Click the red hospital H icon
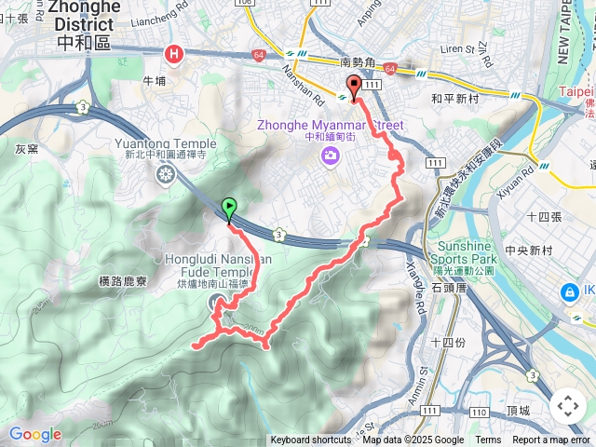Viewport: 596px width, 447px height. pos(173,56)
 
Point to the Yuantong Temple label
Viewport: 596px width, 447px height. pos(165,143)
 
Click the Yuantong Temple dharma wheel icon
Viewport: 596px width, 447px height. pos(166,173)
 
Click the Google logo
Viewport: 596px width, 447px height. pos(34,434)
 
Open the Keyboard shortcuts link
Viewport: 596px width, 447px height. pos(310,440)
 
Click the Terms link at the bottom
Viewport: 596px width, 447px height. pos(488,440)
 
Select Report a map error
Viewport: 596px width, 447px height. pos(551,440)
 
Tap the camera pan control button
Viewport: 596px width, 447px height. pos(567,406)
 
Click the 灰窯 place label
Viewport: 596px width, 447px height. pos(26,148)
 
